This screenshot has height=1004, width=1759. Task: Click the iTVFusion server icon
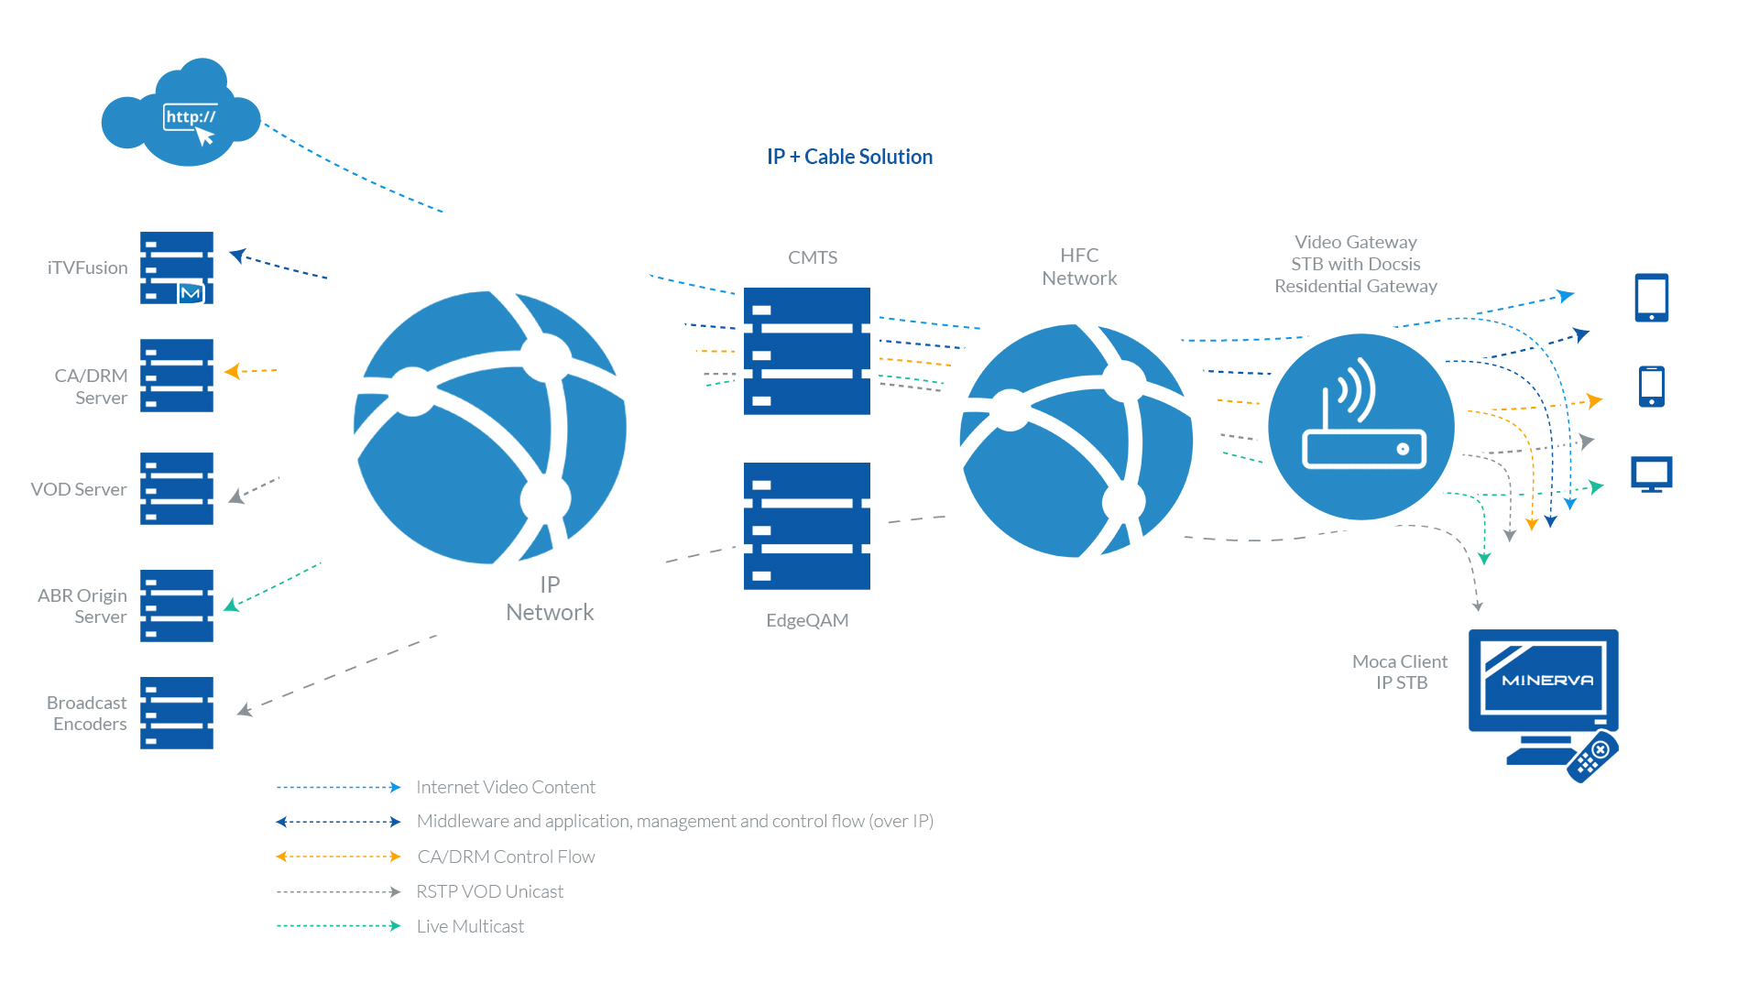click(177, 267)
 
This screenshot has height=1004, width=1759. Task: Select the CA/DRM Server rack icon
click(177, 376)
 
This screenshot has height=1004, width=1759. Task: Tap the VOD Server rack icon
click(177, 488)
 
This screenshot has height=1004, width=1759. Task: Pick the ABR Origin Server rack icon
click(177, 606)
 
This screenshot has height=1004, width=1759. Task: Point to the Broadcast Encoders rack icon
click(177, 713)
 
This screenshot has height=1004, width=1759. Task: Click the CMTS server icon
click(807, 351)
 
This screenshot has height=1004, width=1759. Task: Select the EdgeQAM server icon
click(807, 526)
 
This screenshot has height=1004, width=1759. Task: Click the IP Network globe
click(490, 427)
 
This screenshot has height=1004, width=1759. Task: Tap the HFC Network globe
click(1076, 441)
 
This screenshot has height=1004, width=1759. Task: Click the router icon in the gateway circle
click(1364, 414)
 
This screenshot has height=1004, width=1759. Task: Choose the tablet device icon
click(1652, 298)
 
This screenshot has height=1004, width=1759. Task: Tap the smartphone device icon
click(1652, 387)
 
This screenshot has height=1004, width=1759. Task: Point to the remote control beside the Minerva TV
click(1592, 757)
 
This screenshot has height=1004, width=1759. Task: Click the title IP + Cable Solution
click(849, 157)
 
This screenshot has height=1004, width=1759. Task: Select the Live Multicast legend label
click(470, 926)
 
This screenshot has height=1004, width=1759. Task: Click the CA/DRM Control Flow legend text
click(506, 857)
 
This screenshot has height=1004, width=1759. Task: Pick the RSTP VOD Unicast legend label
click(489, 891)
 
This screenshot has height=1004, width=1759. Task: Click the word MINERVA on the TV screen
click(1547, 680)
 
